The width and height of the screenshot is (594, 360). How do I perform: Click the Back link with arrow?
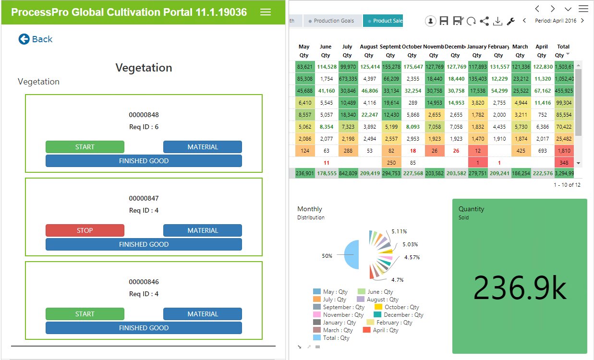pos(36,39)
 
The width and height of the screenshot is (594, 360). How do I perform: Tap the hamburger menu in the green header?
pos(266,12)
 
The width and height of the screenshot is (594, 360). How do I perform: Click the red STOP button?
pos(85,230)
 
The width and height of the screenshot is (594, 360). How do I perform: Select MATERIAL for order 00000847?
pos(203,230)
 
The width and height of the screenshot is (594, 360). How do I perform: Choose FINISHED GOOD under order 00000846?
pos(144,328)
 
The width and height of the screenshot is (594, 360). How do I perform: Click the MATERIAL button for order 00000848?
pos(203,147)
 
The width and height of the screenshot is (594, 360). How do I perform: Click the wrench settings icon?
pos(511,21)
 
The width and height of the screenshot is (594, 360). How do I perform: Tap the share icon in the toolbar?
pos(485,21)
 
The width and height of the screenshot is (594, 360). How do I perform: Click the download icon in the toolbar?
pos(498,21)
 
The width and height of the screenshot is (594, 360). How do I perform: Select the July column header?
pos(347,47)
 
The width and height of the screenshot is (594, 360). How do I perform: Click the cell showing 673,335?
pos(347,79)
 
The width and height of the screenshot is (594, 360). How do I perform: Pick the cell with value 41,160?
pos(326,91)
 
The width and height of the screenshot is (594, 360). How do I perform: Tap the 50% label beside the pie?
pos(327,256)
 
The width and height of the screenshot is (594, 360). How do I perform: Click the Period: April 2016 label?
pos(556,21)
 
